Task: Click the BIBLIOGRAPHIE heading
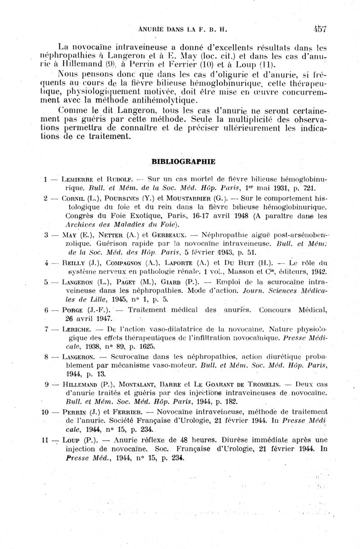pyautogui.click(x=184, y=161)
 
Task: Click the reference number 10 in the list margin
pyautogui.click(x=45, y=412)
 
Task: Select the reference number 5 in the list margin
pyautogui.click(x=46, y=282)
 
